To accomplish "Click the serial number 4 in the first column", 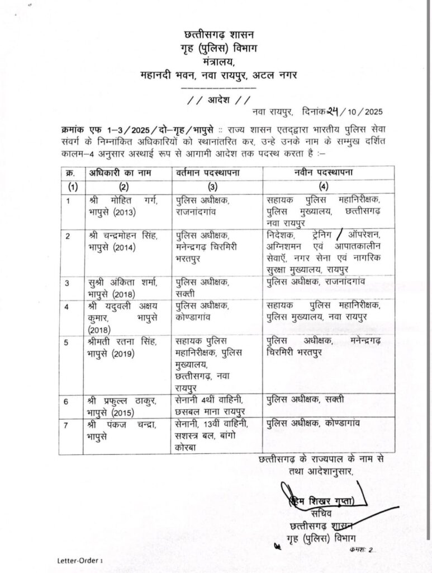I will [x=68, y=307].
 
